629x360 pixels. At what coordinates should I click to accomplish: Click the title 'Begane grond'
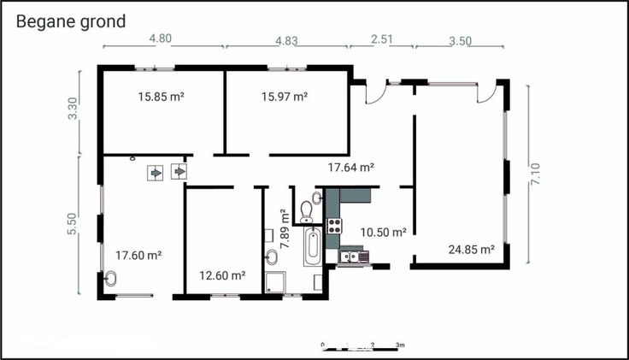[x=71, y=22]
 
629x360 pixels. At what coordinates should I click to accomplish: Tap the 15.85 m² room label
[x=162, y=97]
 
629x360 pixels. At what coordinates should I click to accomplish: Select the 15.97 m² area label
[x=285, y=97]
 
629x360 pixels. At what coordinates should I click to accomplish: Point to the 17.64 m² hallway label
[x=351, y=167]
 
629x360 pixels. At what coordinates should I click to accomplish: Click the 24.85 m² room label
[x=472, y=250]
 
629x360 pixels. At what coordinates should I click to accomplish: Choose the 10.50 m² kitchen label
[x=384, y=232]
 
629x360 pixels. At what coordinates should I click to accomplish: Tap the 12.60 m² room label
[x=223, y=275]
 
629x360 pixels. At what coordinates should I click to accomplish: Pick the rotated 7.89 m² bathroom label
[x=285, y=229]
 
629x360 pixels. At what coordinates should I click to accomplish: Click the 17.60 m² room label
[x=138, y=256]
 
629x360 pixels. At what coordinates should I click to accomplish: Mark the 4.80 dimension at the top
[x=161, y=38]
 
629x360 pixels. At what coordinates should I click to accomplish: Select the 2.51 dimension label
[x=381, y=39]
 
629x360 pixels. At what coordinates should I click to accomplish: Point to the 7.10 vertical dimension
[x=535, y=174]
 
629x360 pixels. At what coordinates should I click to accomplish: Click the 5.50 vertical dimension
[x=72, y=223]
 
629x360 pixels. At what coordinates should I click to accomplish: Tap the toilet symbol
[x=307, y=211]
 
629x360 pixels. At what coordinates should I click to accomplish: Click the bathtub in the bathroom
[x=313, y=246]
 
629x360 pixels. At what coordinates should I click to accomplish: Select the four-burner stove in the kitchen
[x=334, y=226]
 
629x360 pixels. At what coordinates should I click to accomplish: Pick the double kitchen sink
[x=348, y=256]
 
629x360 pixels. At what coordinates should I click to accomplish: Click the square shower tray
[x=275, y=281]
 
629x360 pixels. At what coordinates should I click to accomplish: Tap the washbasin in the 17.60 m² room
[x=110, y=279]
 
